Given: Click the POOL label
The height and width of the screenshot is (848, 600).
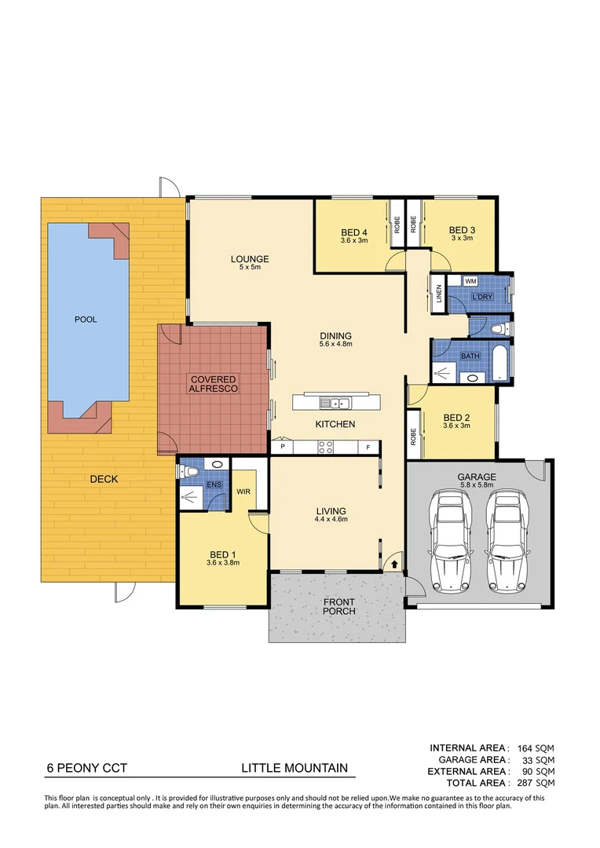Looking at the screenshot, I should pyautogui.click(x=85, y=320).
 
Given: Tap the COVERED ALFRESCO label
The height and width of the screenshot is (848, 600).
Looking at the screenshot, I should pyautogui.click(x=213, y=384).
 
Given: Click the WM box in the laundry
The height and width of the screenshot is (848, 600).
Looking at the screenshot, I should pyautogui.click(x=471, y=281).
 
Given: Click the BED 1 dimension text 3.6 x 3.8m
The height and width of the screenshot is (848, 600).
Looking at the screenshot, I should pyautogui.click(x=222, y=562).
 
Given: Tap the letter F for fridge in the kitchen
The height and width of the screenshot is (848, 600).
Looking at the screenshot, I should pyautogui.click(x=368, y=448).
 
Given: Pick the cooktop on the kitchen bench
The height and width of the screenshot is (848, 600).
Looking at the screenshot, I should pyautogui.click(x=326, y=448).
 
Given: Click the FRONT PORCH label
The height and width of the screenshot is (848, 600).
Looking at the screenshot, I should pyautogui.click(x=339, y=606).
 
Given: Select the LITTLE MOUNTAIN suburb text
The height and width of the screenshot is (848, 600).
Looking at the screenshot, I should pyautogui.click(x=293, y=769).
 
